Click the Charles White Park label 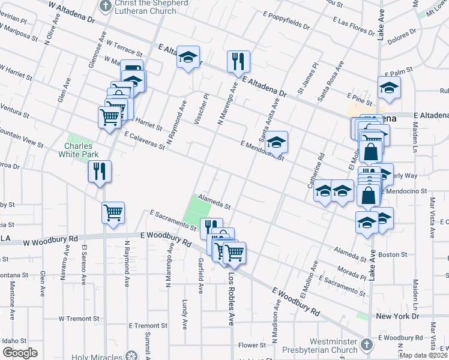tap(82, 149)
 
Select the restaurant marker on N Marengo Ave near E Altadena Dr tap(238, 61)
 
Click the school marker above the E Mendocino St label tap(277, 142)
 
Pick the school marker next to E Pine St tap(389, 88)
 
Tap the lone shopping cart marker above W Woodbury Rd tap(113, 212)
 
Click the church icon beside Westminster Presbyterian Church tap(367, 345)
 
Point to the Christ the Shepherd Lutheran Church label tap(149, 8)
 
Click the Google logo tap(19, 353)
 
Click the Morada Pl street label tap(352, 273)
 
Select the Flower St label tap(252, 345)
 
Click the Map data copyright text tap(424, 355)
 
